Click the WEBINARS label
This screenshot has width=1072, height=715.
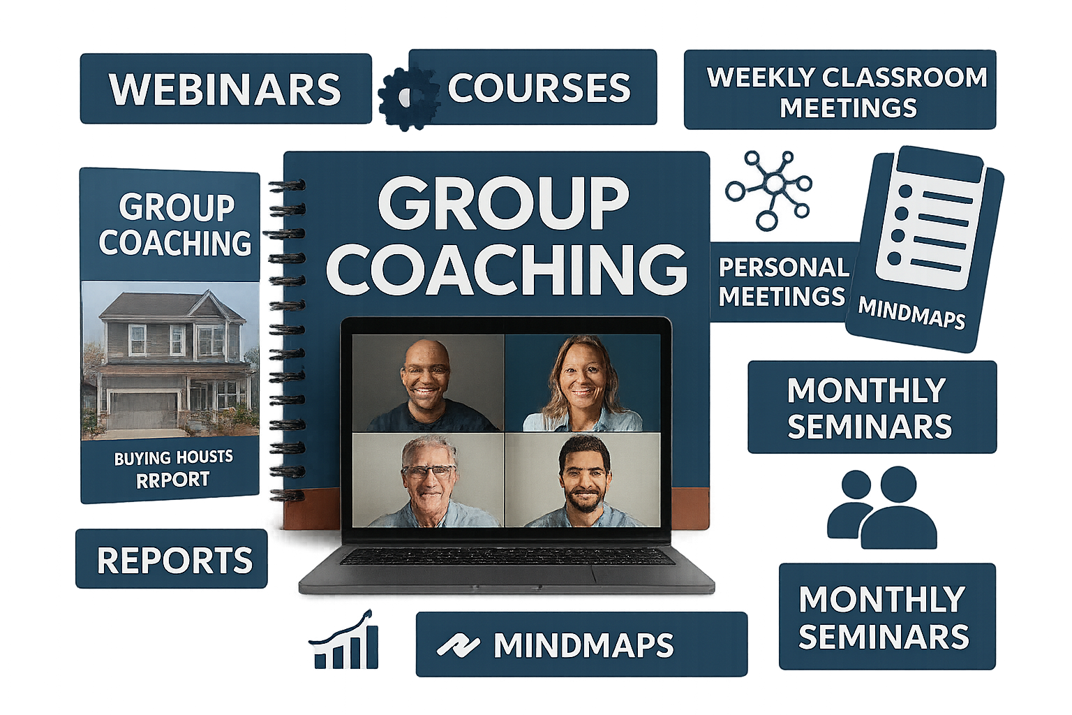(225, 89)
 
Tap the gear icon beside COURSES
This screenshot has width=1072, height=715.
(408, 99)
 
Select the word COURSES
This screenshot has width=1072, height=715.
(539, 88)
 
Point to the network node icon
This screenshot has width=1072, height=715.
(768, 190)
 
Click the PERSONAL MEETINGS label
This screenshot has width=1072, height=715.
(783, 281)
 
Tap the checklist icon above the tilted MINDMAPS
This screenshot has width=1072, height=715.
(930, 218)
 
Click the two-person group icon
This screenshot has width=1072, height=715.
(881, 507)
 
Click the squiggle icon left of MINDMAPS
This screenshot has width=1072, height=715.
(458, 645)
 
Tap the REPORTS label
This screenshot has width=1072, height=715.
(174, 560)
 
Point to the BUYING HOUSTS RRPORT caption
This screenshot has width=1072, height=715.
(173, 469)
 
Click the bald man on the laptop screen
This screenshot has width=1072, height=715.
(427, 385)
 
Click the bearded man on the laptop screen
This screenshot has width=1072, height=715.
(585, 481)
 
